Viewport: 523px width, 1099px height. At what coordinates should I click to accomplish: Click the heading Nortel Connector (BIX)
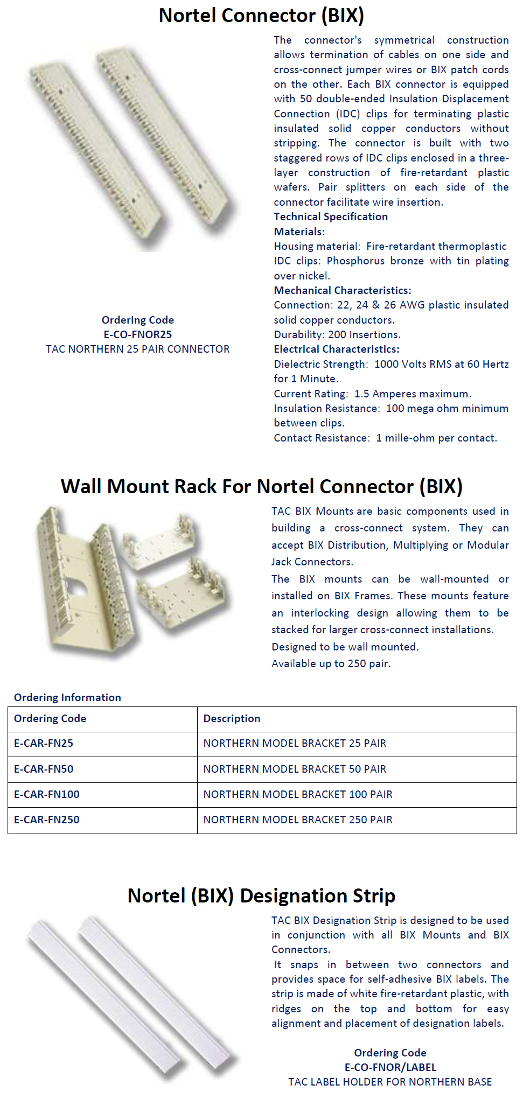point(261,16)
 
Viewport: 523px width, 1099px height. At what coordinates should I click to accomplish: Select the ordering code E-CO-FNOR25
point(137,334)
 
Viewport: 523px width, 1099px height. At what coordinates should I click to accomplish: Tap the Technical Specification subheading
point(330,216)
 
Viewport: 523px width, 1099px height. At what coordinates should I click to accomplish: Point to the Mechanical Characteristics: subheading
point(342,290)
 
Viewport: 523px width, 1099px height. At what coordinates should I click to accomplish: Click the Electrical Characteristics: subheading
point(336,349)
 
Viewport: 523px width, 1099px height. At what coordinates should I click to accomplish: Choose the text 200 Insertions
point(364,334)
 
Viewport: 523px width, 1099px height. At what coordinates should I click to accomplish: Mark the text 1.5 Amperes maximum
point(413,394)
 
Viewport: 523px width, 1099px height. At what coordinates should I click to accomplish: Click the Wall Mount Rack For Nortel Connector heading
point(261,486)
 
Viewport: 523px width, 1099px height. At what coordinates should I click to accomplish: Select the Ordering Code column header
point(50,718)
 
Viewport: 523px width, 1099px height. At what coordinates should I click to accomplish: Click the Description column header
point(232,718)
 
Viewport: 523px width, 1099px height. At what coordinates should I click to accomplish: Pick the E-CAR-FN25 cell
point(44,743)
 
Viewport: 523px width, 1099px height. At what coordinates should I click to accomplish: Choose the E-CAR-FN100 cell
point(47,794)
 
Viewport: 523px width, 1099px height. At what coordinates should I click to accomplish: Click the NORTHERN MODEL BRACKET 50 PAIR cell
point(295,769)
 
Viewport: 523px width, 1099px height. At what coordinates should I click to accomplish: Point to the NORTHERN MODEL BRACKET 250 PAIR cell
point(298,820)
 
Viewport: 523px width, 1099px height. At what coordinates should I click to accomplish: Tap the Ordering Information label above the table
point(67,697)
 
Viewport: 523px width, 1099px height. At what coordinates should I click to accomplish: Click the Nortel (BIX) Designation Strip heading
point(261,895)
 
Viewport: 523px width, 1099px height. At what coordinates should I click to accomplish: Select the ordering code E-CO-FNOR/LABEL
point(390,1067)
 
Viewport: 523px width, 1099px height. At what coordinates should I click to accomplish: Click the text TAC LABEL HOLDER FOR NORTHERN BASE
point(390,1082)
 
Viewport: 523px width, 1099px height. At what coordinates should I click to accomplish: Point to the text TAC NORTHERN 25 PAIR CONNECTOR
point(137,349)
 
